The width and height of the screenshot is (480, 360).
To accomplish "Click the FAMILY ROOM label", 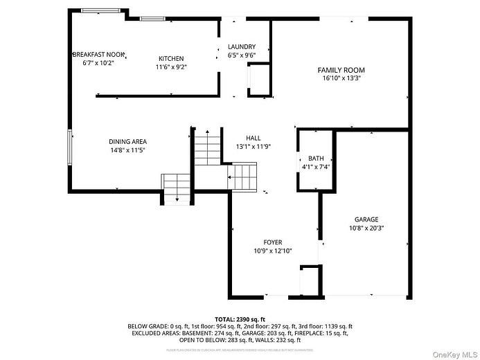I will tap(341, 70).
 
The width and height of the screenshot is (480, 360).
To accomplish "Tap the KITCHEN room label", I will tap(171, 59).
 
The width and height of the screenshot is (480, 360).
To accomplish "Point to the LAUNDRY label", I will tap(242, 47).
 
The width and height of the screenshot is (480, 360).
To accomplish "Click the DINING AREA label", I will tap(127, 141).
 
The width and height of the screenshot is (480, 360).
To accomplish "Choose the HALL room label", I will tap(253, 138).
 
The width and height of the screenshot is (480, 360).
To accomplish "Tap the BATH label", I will tap(316, 158).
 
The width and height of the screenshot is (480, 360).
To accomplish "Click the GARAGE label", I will tap(366, 219).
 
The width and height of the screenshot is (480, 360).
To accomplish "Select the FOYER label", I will tap(272, 242).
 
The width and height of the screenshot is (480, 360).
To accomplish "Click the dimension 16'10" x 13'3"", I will tap(341, 78).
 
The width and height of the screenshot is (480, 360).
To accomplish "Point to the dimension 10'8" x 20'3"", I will tap(366, 227).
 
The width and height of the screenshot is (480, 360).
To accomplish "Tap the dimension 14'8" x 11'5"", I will tap(127, 150).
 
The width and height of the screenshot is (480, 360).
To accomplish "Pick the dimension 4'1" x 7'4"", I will tap(316, 166).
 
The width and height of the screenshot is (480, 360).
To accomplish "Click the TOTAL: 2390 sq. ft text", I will tap(239, 318).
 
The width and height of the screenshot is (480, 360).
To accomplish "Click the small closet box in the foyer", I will tap(310, 281).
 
